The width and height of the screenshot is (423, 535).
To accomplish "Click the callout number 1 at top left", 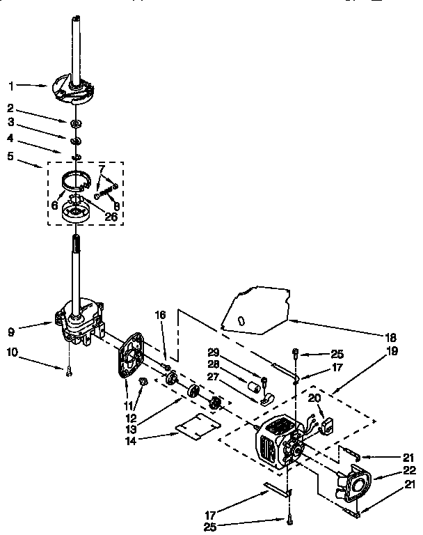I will click(11, 86).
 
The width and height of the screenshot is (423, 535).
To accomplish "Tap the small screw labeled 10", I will click(70, 372).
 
